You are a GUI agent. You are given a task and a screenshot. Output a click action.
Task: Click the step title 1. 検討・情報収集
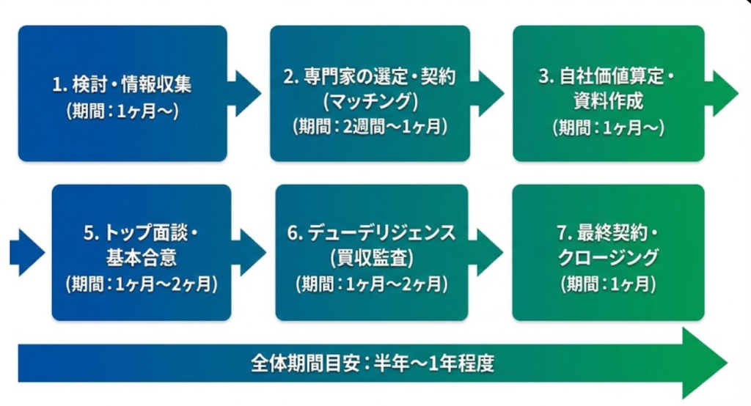(x=122, y=84)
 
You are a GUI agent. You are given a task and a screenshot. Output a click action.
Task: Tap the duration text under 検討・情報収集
(x=122, y=113)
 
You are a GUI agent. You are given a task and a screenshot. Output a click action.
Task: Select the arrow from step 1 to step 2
(x=245, y=93)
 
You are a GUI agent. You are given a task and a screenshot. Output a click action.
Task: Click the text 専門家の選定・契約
(x=370, y=77)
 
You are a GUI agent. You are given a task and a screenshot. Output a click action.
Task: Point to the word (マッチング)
(x=370, y=100)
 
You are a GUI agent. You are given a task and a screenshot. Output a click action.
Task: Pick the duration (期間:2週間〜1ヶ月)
(x=370, y=126)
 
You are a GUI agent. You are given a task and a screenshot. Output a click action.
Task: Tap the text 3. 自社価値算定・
(x=607, y=77)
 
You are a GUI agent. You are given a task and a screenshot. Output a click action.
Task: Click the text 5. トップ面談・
(x=142, y=235)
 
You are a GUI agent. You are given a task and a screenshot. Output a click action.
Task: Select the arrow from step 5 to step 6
(x=249, y=252)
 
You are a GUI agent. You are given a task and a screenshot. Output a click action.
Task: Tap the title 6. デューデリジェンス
(x=371, y=234)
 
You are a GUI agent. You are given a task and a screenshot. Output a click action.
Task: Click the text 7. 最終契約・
(x=608, y=235)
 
